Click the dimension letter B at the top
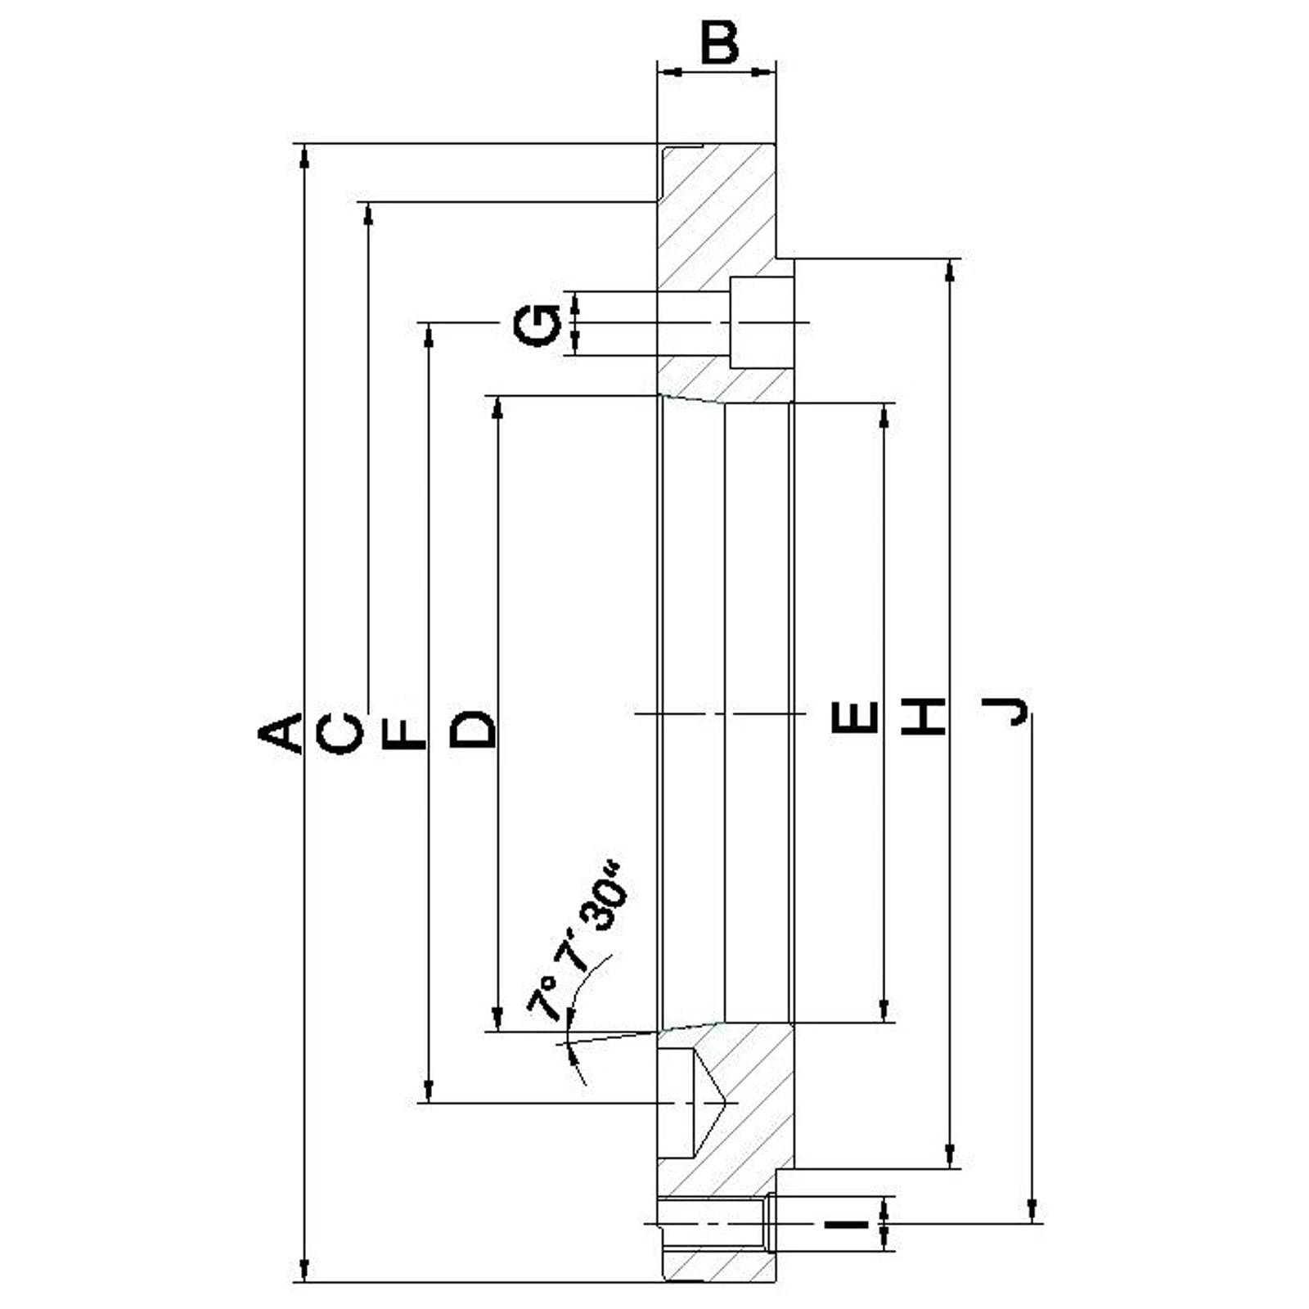click(x=720, y=43)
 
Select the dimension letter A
click(x=281, y=732)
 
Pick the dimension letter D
click(x=474, y=730)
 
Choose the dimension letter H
click(x=924, y=717)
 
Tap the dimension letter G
click(x=537, y=325)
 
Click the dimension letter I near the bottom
click(x=846, y=1225)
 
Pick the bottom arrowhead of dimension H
click(x=950, y=1155)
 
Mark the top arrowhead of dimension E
click(x=884, y=416)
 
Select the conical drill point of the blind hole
click(x=710, y=1103)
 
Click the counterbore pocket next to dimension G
click(x=761, y=322)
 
